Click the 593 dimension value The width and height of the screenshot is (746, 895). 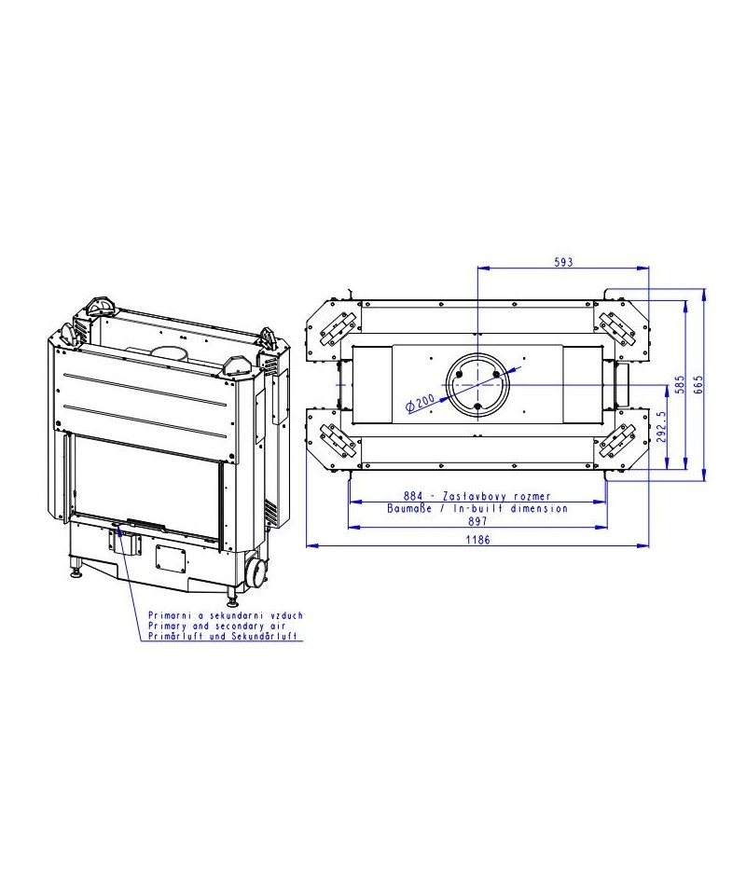tap(563, 262)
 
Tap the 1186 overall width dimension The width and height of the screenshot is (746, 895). tap(477, 540)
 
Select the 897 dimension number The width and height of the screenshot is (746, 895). tap(477, 520)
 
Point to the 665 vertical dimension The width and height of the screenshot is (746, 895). tap(698, 385)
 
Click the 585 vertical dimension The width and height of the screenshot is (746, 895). tap(680, 385)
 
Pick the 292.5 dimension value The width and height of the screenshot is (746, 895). tap(661, 427)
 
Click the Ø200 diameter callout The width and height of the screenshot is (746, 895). tap(420, 403)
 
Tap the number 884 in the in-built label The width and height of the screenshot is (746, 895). tap(413, 496)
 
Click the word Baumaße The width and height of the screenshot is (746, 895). tap(408, 508)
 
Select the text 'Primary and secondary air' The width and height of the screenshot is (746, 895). tap(217, 626)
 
